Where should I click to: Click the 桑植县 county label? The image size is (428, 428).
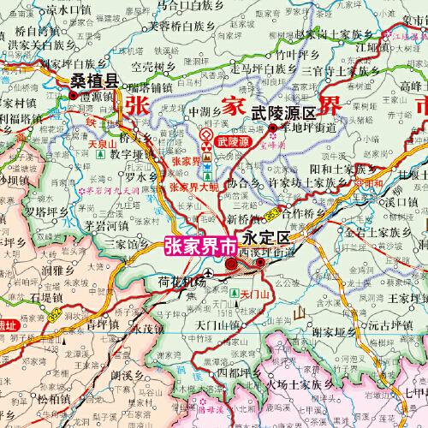pos(93,81)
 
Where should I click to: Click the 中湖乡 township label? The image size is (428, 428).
pos(206,111)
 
